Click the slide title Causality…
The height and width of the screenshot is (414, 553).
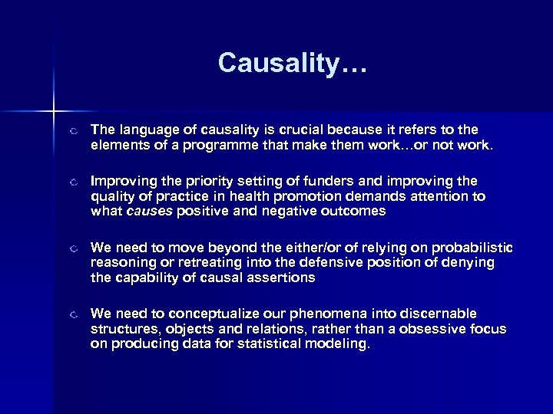click(x=293, y=63)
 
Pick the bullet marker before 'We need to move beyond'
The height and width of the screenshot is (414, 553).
click(x=71, y=249)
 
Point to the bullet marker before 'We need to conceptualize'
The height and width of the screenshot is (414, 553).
click(x=71, y=315)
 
